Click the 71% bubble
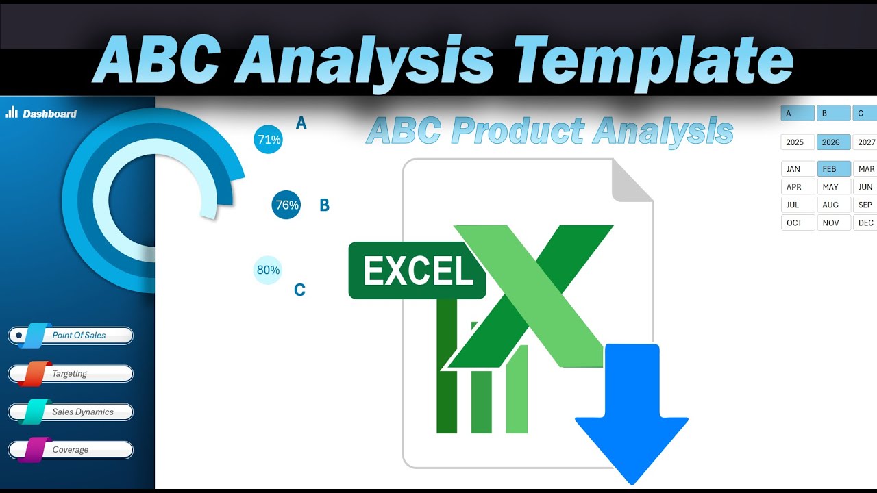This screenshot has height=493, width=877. click(x=268, y=140)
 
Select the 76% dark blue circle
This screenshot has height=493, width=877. click(x=286, y=205)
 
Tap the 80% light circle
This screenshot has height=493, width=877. click(x=268, y=270)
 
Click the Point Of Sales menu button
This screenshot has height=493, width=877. click(x=71, y=336)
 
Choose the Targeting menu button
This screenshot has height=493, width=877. click(x=71, y=374)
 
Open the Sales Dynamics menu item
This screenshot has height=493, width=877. click(x=71, y=412)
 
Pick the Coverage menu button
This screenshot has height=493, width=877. click(x=71, y=450)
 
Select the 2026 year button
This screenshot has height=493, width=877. click(x=833, y=142)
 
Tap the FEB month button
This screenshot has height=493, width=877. click(x=833, y=168)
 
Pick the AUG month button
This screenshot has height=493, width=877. click(x=833, y=205)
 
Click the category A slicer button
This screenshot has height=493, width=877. click(x=798, y=113)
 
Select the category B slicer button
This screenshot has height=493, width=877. click(x=833, y=113)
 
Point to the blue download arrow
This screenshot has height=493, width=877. click(x=631, y=411)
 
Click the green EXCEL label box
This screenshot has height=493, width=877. click(x=417, y=270)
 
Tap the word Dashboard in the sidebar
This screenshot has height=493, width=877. click(x=49, y=114)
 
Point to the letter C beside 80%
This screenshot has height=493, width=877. click(x=299, y=290)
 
